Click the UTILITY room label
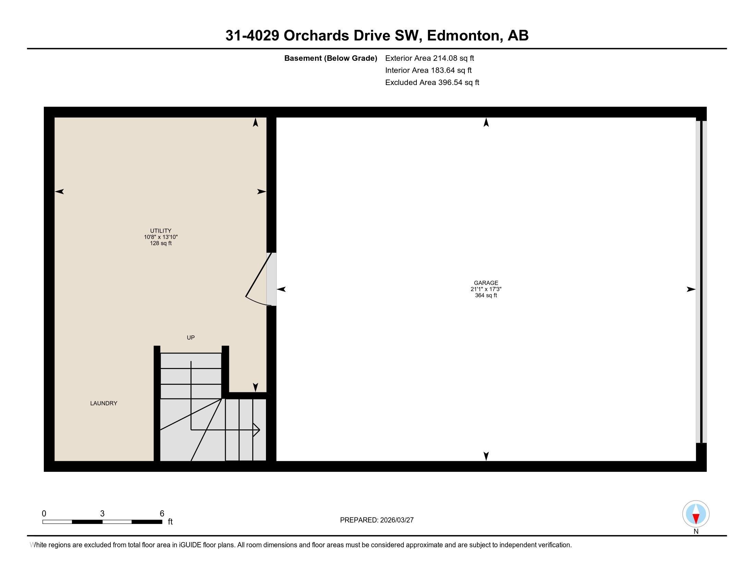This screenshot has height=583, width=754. coord(160,231)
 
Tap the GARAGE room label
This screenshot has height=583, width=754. coord(486,283)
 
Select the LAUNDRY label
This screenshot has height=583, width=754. coord(104,403)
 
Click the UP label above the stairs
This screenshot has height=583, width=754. coord(191,337)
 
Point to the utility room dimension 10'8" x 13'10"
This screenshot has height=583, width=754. coord(160,237)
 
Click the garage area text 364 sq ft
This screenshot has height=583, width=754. coord(486,295)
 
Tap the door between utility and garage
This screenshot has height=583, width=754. coord(271,279)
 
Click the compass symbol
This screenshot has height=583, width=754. coord(696,514)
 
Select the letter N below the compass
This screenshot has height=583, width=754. coord(696,532)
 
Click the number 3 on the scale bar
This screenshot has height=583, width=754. coord(102,514)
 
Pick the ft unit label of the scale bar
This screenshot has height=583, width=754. coord(170,522)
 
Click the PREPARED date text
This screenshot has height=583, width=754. coord(377,520)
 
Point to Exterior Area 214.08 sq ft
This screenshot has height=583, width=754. coord(429,58)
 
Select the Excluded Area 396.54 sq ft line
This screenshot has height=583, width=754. coord(432,82)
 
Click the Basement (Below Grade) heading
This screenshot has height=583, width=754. coord(330,58)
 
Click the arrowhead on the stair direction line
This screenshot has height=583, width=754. coord(257,430)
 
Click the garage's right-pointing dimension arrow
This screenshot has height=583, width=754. coord(691,289)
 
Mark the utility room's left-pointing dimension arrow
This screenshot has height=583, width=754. coord(59,192)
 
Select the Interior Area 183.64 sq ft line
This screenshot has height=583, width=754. coord(428,70)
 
